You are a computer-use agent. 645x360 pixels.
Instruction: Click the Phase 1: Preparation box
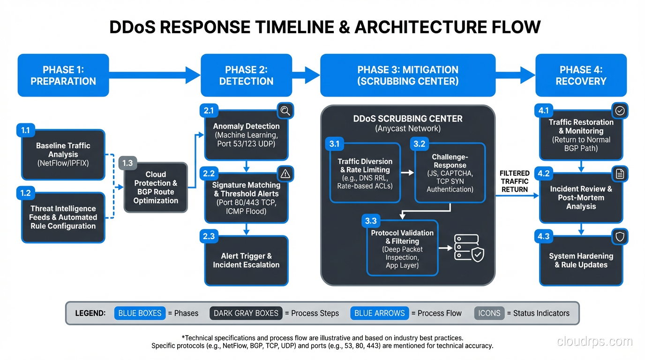63,75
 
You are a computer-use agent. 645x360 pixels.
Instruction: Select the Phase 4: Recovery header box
581,75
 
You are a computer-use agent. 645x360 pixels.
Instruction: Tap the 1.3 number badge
127,163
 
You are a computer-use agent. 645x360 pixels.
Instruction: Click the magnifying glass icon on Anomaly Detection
285,111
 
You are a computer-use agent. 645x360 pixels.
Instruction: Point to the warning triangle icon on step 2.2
285,174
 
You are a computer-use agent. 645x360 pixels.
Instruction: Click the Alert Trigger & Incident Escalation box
246,261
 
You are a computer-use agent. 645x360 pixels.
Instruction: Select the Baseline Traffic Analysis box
63,155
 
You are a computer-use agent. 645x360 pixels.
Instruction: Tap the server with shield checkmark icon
468,248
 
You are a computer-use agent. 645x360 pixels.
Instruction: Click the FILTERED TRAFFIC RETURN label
514,181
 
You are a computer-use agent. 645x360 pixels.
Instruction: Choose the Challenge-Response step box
450,173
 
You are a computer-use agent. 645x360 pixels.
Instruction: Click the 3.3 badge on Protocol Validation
370,221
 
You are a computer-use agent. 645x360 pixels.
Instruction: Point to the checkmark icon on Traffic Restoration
620,111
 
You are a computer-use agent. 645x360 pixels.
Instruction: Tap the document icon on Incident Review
620,174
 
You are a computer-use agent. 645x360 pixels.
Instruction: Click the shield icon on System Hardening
620,237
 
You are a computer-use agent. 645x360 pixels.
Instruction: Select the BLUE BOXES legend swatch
140,313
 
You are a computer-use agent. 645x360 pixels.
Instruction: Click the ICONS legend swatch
489,313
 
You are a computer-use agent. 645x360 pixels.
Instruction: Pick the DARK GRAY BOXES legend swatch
246,313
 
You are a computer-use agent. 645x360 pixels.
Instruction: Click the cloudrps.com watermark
594,341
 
